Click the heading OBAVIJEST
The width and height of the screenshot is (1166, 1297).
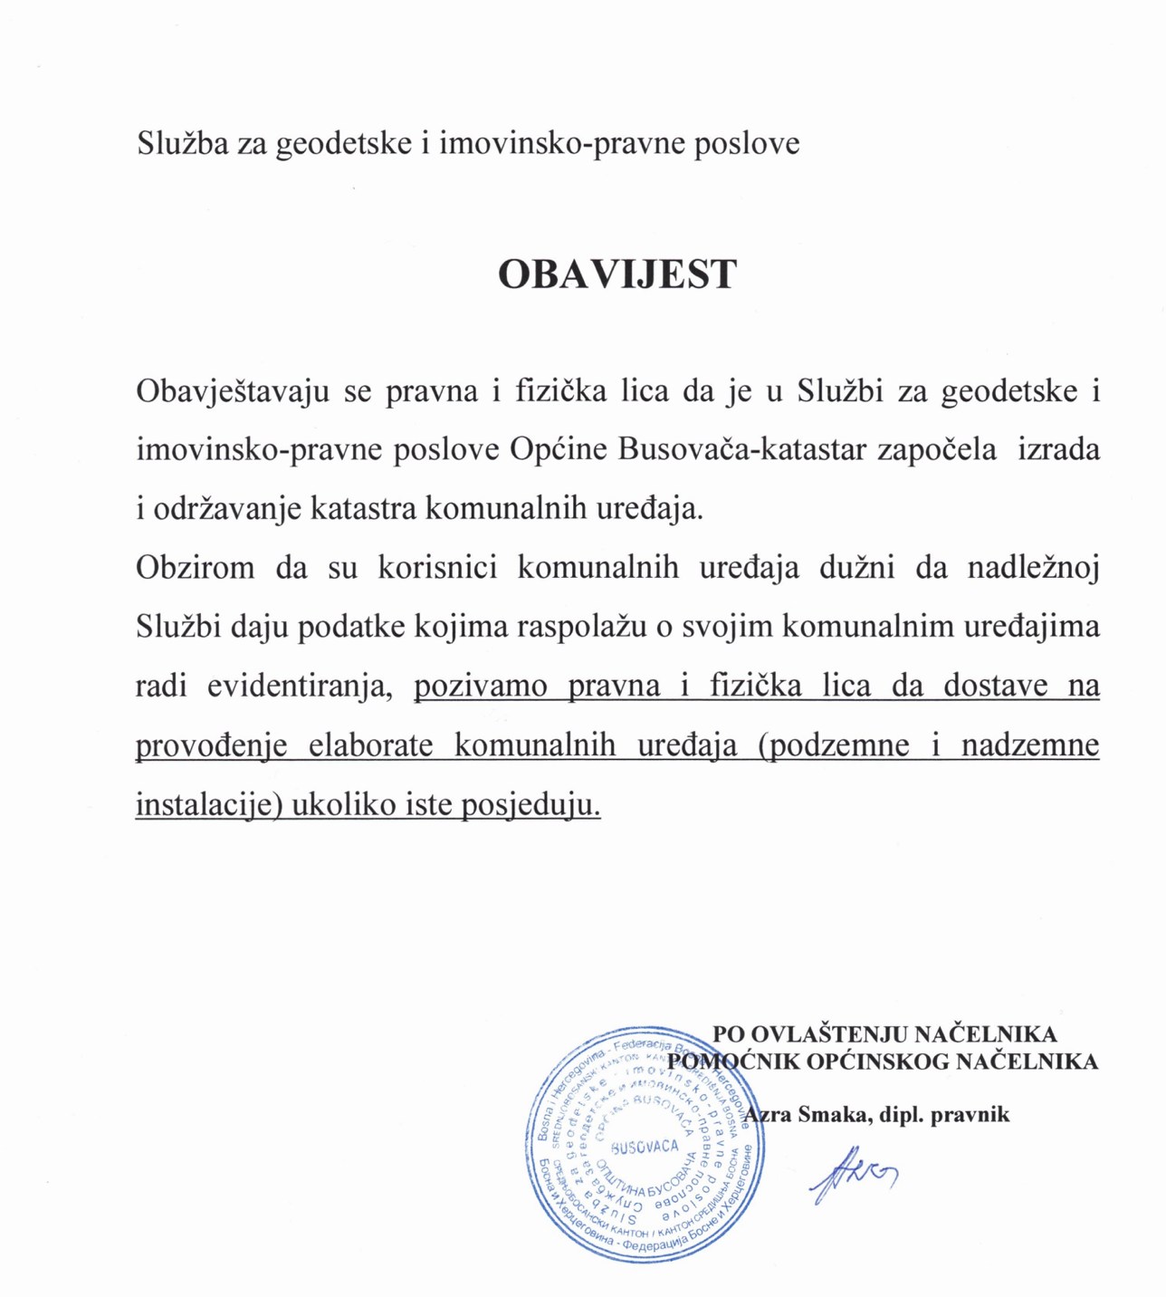617,274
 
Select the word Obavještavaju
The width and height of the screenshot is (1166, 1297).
232,391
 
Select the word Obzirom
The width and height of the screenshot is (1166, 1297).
196,568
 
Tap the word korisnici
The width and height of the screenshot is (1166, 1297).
438,568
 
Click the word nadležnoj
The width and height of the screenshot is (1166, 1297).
1033,568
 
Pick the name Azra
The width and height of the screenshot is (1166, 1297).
768,1115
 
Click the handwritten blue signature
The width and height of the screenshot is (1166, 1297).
852,1175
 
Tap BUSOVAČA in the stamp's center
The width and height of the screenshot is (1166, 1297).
645,1148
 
